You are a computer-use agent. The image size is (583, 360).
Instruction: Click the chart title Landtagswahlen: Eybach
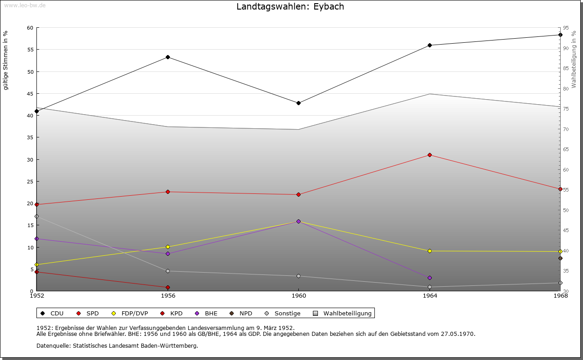point(290,7)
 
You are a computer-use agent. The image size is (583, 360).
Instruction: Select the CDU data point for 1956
point(168,57)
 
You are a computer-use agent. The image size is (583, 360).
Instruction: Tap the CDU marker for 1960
point(298,103)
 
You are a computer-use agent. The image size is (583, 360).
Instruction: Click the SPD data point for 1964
point(430,155)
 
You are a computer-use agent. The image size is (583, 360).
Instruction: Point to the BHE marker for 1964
point(430,278)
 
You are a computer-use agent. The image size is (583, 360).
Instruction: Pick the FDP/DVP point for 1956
point(168,247)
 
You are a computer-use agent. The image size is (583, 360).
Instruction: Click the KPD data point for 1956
point(168,287)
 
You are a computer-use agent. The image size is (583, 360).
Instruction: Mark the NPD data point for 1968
point(560,258)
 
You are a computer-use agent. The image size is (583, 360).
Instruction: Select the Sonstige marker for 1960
point(298,276)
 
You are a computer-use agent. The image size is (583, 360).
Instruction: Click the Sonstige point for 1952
point(37,216)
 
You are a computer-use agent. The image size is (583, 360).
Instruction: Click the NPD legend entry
point(241,313)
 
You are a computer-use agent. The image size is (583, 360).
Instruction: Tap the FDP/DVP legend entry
point(130,313)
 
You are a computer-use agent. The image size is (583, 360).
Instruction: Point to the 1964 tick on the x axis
point(430,296)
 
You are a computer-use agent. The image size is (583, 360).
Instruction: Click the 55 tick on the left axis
point(30,50)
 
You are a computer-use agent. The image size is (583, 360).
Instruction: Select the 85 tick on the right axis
point(567,68)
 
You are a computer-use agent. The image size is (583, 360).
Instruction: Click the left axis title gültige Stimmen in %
point(6,60)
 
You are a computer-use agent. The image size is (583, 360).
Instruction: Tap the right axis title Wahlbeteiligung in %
point(574,59)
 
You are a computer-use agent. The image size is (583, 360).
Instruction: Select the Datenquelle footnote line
point(117,346)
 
